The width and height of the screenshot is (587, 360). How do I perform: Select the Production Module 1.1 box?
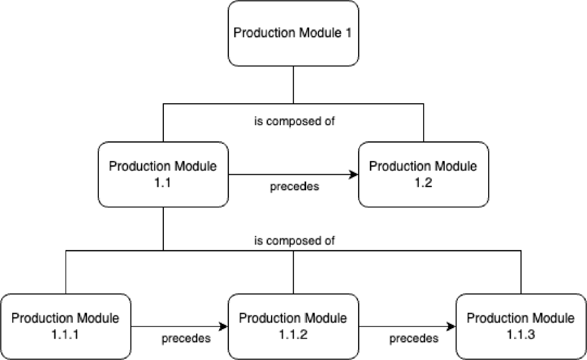click(163, 174)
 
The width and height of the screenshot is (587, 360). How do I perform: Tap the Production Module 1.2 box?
click(423, 174)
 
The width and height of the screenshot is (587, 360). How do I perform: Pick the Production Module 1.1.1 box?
click(65, 326)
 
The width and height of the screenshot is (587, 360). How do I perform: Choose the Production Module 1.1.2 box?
click(293, 326)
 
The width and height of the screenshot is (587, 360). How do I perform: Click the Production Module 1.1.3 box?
click(521, 326)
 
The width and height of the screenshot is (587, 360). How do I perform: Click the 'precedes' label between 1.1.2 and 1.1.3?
click(413, 338)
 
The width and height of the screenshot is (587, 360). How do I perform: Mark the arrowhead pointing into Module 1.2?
click(354, 174)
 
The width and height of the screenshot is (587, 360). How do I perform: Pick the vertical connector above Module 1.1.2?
click(293, 272)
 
